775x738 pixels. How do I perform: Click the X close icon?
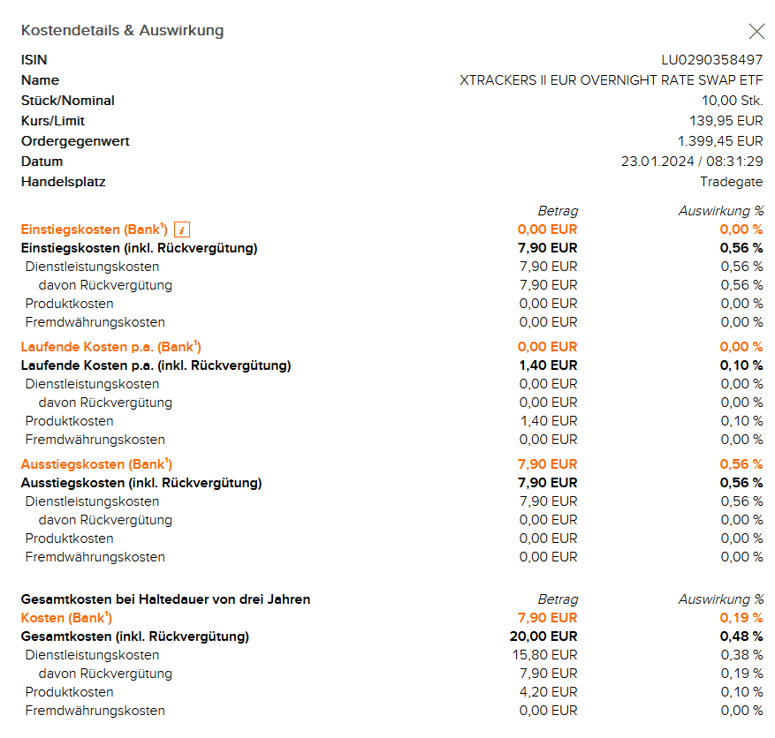(756, 32)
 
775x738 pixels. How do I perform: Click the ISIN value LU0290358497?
(712, 60)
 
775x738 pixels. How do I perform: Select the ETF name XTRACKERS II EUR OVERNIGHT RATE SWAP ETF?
(612, 80)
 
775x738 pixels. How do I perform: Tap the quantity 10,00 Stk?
(733, 101)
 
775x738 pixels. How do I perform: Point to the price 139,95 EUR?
(726, 121)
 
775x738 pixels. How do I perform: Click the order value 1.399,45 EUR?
(720, 141)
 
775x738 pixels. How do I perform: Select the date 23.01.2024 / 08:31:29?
(692, 162)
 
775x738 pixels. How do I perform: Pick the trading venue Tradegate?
(732, 182)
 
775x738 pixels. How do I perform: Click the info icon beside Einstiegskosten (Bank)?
(182, 230)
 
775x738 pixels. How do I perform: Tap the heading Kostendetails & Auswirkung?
(122, 31)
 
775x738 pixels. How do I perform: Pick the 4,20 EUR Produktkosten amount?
(549, 692)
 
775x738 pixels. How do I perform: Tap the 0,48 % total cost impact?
(741, 636)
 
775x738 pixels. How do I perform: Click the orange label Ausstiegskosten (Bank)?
(96, 464)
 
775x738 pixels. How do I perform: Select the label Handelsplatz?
(64, 182)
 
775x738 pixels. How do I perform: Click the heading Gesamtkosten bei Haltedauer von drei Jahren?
(165, 599)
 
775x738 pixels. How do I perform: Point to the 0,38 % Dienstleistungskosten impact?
(741, 655)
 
